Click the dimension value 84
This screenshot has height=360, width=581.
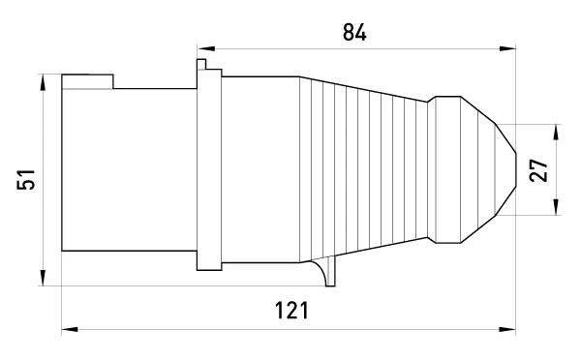pos(354,32)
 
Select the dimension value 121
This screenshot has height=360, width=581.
pos(291,311)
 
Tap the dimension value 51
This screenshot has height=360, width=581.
pos(26,180)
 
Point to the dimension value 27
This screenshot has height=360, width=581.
pos(538,170)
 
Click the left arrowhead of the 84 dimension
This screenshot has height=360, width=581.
pos(206,48)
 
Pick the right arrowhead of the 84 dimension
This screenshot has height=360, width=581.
pos(507,48)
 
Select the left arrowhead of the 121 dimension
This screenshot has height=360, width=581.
pos(70,329)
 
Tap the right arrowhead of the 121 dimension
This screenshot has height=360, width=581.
pos(507,329)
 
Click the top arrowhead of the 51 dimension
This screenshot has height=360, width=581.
pos(43,82)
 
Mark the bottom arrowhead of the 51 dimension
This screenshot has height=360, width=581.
pos(43,278)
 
